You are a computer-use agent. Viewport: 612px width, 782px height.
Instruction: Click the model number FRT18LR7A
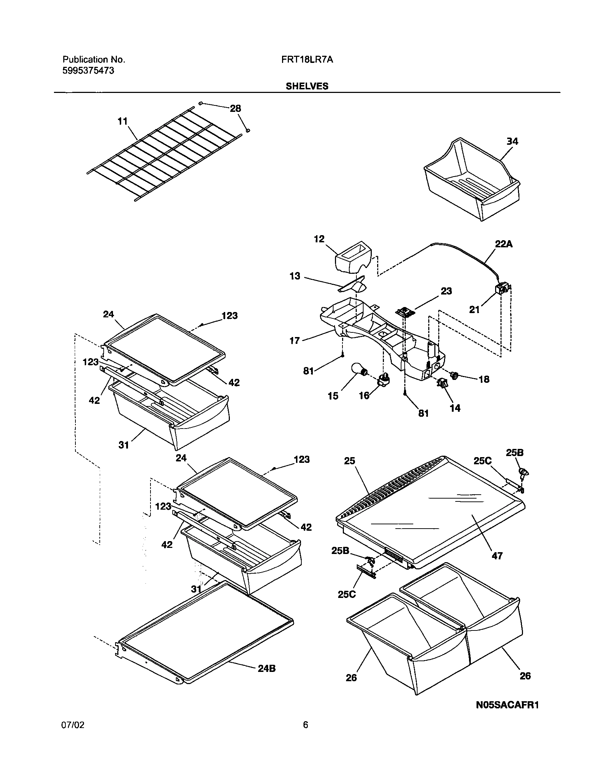[x=307, y=59]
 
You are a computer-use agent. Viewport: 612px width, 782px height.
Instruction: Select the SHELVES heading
[x=307, y=86]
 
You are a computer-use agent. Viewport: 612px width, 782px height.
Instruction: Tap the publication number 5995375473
[x=88, y=70]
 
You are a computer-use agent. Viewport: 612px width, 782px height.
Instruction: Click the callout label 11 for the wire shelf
[x=123, y=122]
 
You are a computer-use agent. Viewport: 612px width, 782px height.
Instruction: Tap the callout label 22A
[x=504, y=244]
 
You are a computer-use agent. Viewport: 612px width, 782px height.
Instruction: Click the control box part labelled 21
[x=503, y=288]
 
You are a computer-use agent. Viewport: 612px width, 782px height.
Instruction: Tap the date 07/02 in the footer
[x=73, y=725]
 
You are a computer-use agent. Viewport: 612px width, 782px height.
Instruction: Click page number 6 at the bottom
[x=305, y=725]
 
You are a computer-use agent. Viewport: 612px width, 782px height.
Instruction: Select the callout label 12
[x=319, y=239]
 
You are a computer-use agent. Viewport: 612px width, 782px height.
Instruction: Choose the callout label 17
[x=295, y=340]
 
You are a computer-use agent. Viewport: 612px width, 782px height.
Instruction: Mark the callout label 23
[x=446, y=291]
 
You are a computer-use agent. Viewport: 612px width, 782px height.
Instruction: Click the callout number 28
[x=236, y=109]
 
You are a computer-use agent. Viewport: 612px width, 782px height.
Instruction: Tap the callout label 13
[x=295, y=276]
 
